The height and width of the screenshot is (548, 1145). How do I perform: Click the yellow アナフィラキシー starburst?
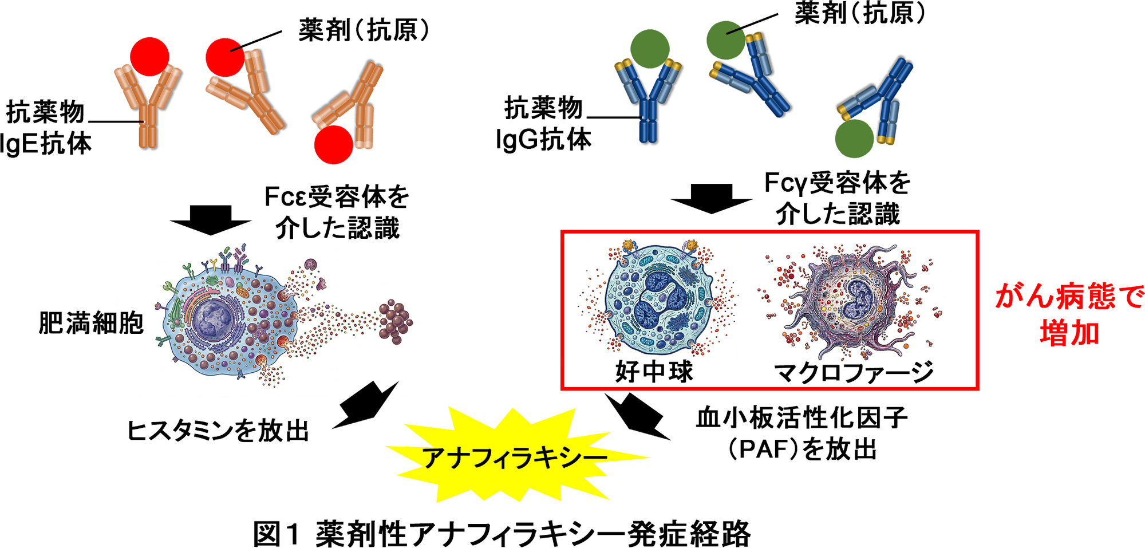515,457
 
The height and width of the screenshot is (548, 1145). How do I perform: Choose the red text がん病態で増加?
1068,315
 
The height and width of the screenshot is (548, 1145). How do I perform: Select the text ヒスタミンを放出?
218,431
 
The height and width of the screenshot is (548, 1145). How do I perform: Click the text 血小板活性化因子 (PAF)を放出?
801,434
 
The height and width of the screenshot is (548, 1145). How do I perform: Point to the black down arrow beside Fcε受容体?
210,220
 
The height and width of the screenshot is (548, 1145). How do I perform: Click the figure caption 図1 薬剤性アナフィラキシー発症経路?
502,534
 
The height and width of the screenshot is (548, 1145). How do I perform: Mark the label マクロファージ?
853,373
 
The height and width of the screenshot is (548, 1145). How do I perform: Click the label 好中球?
654,372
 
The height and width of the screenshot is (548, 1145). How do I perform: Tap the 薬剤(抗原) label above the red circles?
364,30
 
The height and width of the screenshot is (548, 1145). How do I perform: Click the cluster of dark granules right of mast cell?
395,322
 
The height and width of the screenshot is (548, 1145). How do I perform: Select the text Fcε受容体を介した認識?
337,212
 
